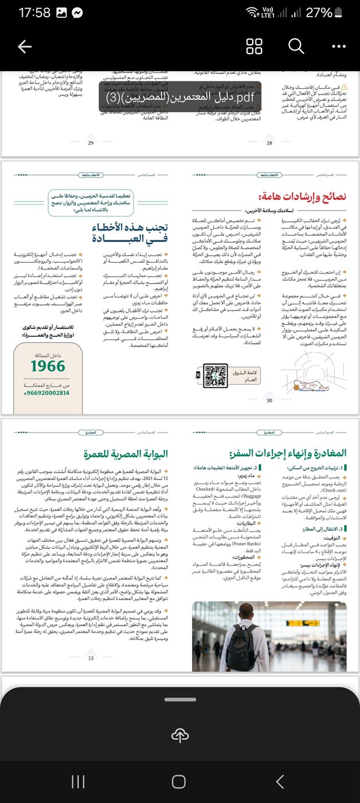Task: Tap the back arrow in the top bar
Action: coord(25,46)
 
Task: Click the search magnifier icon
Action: coord(296,46)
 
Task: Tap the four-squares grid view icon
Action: coord(254,46)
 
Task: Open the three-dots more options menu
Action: coord(339,46)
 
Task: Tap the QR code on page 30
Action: coord(216,375)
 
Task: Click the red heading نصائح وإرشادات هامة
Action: coord(302,196)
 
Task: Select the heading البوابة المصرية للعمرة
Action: coord(125,454)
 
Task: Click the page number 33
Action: coord(91,658)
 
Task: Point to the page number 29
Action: coord(91,143)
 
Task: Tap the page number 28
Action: coord(269,143)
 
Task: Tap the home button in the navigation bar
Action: coord(179,781)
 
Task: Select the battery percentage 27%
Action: coord(319,13)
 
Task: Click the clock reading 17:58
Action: coord(34,13)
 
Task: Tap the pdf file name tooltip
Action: coord(179,96)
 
